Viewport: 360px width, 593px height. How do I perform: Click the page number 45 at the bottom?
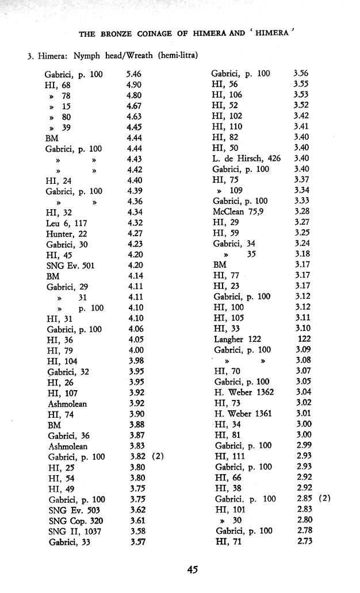193,569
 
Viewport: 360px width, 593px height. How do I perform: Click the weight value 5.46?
133,74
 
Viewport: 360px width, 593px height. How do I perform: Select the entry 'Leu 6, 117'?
66,223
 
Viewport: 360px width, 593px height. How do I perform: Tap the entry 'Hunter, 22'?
65,233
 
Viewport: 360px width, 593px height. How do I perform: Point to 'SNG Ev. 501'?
70,265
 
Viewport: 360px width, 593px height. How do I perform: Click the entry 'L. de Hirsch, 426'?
246,158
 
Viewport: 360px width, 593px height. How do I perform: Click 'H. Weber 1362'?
244,392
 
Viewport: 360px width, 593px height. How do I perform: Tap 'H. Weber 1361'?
243,413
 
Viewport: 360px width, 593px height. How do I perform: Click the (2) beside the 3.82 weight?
159,456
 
